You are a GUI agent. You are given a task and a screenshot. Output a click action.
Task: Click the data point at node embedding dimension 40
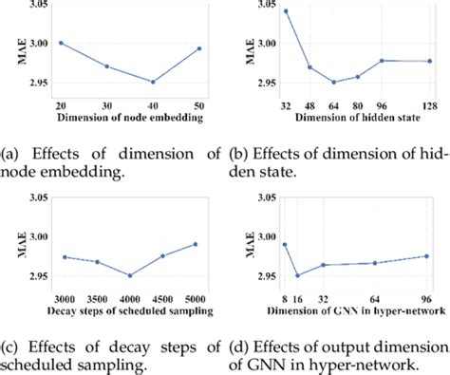[x=152, y=82]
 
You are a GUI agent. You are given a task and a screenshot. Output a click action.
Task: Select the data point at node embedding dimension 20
[x=61, y=43]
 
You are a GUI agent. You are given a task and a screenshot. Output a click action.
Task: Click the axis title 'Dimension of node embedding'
[x=129, y=117]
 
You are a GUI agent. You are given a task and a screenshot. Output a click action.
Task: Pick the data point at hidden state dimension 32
[x=286, y=11]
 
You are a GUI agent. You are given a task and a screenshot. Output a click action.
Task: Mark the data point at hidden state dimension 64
[x=333, y=82]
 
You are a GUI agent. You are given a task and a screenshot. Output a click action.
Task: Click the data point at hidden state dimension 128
[x=429, y=61]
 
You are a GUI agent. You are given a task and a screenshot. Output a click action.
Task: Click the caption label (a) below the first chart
[x=10, y=150]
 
